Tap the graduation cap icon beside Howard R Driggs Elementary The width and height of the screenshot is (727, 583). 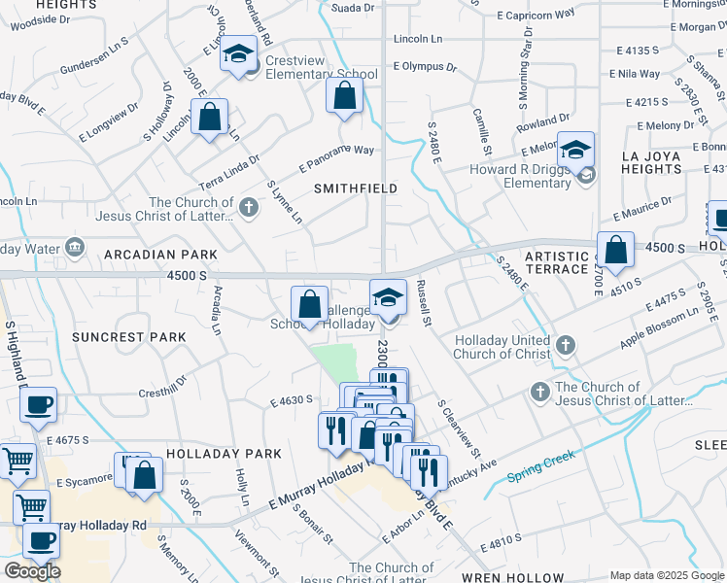coord(576,149)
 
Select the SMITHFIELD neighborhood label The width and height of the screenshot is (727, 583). coord(355,188)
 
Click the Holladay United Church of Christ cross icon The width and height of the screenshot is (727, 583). coord(566,344)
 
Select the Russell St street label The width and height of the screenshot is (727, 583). coord(423,303)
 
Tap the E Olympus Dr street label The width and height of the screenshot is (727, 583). coord(425,67)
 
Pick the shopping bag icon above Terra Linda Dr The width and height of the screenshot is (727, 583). coord(209,118)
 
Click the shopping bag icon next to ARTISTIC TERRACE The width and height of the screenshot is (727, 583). coord(615,251)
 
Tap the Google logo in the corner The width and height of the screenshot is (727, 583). coord(32,571)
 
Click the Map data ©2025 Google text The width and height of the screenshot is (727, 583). coord(666,575)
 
